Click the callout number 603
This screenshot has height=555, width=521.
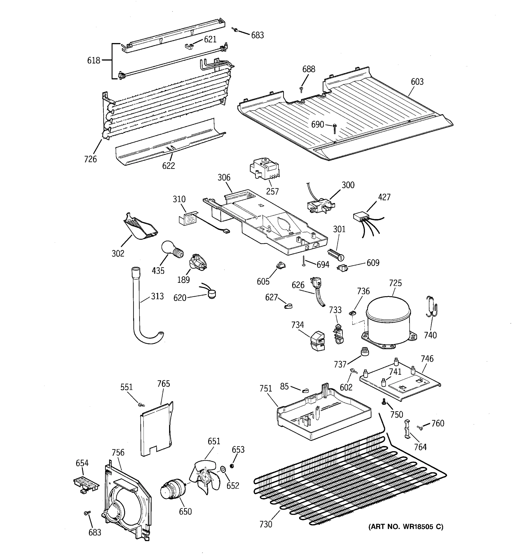[417, 82]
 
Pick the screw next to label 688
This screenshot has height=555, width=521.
[301, 89]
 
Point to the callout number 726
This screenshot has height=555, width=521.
[90, 159]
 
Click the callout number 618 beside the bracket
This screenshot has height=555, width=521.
[93, 60]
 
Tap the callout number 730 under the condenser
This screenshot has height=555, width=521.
[266, 524]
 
